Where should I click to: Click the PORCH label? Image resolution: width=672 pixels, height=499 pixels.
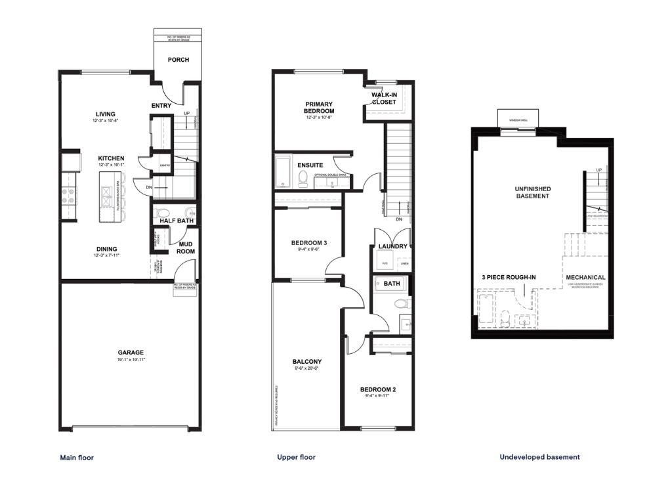point(178,60)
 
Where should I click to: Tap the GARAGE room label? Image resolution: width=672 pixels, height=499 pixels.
point(131,353)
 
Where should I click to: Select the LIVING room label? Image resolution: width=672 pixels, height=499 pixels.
point(105,114)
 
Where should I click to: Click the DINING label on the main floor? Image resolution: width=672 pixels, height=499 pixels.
point(107,249)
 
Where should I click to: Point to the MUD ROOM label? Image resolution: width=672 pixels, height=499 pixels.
point(186,248)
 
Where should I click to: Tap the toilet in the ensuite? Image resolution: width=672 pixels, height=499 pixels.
point(303,178)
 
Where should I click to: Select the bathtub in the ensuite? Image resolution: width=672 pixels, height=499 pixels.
point(283,172)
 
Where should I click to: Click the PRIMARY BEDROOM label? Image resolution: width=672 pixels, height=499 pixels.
point(319,108)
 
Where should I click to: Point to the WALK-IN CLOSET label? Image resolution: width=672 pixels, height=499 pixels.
point(384,98)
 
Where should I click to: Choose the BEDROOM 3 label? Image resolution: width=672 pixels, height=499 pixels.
point(308,243)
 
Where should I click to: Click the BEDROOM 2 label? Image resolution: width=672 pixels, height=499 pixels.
point(379,389)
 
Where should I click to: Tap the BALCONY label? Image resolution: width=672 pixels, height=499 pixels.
point(306,362)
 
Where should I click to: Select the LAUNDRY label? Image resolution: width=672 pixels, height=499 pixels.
point(393,246)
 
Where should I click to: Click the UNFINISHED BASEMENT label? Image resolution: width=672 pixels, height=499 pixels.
point(532,192)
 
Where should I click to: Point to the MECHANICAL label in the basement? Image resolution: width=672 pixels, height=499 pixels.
point(585,277)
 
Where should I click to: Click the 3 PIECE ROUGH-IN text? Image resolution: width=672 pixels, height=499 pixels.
point(508,277)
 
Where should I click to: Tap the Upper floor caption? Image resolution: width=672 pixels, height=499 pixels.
point(296,457)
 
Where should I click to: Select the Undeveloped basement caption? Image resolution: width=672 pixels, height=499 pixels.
point(539,457)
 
